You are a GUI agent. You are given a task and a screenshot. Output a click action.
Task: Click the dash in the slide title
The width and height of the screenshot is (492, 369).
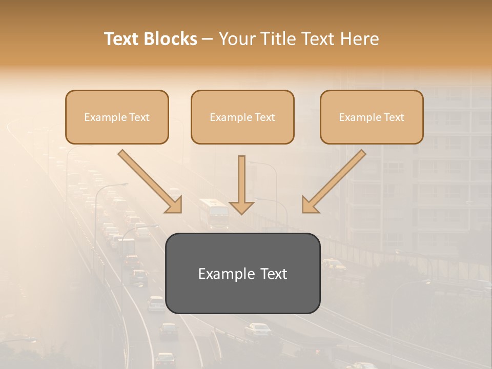pos(208,39)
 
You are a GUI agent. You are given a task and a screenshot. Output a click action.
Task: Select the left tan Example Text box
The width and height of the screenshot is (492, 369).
pos(117,117)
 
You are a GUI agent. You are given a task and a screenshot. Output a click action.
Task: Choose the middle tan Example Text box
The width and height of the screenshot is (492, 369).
pos(242,117)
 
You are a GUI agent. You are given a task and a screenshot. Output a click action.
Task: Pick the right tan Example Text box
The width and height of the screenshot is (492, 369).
pos(372,117)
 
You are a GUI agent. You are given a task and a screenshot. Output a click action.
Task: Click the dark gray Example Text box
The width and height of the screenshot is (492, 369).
pos(242,273)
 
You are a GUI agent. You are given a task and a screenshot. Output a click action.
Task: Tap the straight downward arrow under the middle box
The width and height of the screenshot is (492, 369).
pos(241,184)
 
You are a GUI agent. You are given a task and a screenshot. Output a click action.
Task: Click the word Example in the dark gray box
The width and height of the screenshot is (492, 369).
pos(221,274)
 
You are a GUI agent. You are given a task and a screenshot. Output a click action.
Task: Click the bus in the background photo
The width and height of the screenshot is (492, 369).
pos(214,214)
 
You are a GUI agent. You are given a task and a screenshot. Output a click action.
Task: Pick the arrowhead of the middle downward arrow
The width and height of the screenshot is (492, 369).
pos(241,207)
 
